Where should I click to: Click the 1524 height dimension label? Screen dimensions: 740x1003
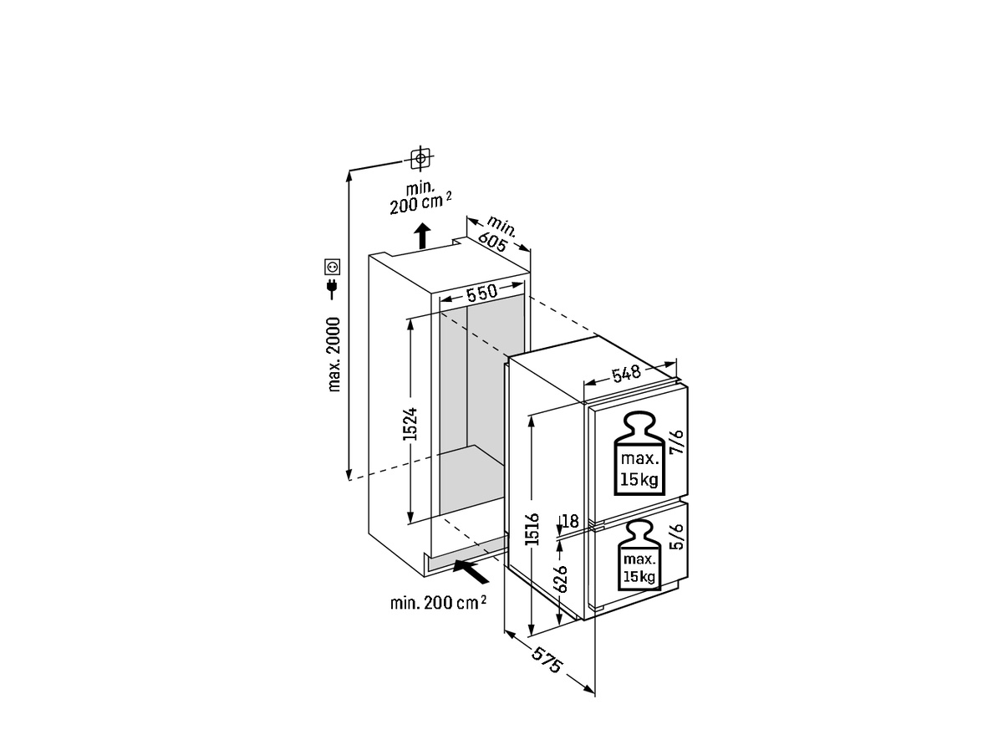410,425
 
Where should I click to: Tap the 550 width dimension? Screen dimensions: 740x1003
482,293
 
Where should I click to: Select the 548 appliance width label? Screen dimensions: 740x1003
625,374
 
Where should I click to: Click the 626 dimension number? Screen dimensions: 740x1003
562,579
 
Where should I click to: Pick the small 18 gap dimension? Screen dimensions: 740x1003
570,521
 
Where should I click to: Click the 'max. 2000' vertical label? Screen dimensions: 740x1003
334,354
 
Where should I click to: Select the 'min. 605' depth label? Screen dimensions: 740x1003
499,234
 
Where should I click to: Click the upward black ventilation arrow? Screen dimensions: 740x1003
423,236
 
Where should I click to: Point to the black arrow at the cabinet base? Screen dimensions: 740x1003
468,572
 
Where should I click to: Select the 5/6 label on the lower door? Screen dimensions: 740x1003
677,537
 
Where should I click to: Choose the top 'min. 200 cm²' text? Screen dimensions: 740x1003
420,197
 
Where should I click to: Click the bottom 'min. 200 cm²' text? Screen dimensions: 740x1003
438,603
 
